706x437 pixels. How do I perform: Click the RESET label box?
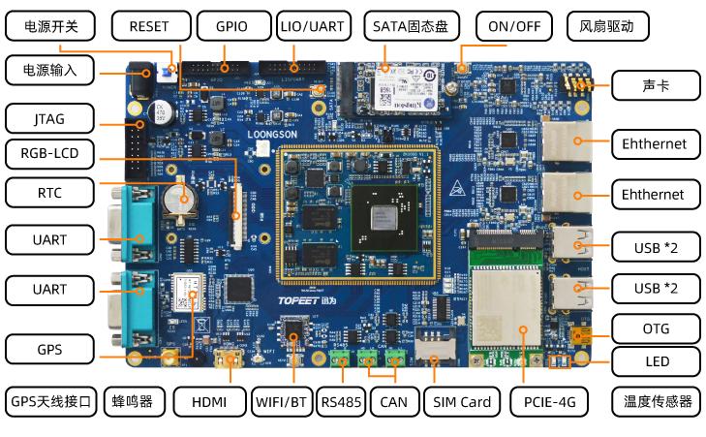[148, 26]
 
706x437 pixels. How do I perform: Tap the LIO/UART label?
[307, 26]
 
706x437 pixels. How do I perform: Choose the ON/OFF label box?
[514, 26]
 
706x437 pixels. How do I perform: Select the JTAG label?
[49, 120]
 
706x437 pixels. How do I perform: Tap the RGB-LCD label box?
[49, 153]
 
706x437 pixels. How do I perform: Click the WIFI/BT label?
[282, 401]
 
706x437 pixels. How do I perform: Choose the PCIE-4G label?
[549, 401]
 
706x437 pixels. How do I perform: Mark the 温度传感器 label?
[658, 401]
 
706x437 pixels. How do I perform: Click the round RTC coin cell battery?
[177, 199]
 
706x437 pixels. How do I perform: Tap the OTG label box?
[656, 328]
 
